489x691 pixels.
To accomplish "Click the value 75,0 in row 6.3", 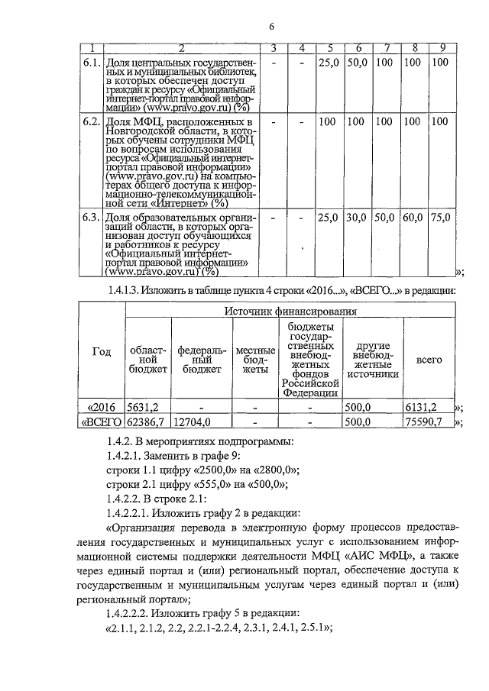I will (440, 218).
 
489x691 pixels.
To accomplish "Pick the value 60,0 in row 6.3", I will (413, 218).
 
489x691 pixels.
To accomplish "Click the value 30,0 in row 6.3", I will (356, 218).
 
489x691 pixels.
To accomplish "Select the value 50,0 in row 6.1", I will (356, 61).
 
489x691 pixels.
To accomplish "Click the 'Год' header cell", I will (102, 351).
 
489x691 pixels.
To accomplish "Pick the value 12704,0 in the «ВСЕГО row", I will (192, 421).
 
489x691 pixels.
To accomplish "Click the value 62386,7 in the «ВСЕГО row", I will (147, 421).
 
